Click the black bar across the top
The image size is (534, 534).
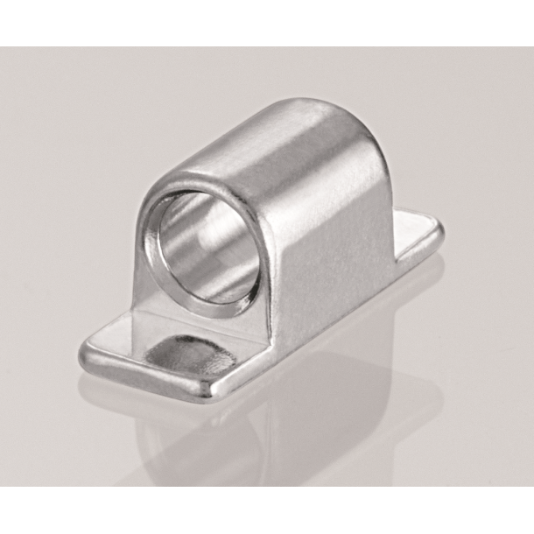pos(267,23)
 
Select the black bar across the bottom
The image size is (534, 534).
pos(267,509)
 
